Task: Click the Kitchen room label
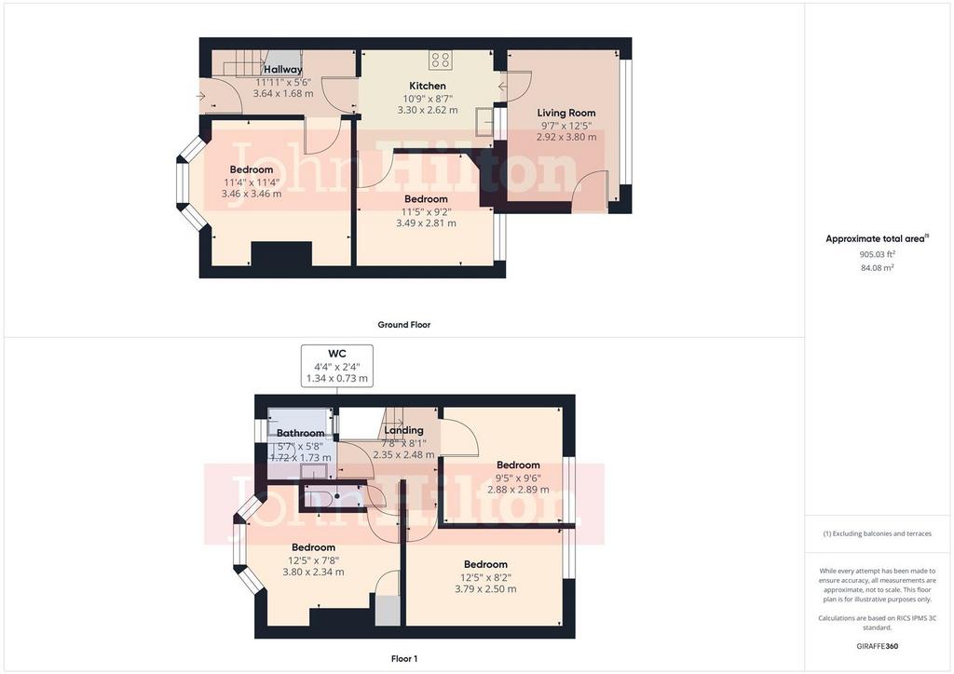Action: click(427, 87)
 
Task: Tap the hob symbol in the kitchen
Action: click(440, 60)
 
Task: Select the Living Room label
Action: click(566, 113)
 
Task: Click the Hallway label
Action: click(282, 70)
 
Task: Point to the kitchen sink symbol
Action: click(484, 120)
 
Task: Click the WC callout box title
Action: click(337, 354)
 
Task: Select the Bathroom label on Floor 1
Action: click(301, 433)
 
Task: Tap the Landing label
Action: click(403, 430)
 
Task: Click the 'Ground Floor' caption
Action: click(404, 325)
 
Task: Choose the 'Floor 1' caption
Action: click(404, 659)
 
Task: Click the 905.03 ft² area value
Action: click(877, 255)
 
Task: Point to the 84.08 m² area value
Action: click(877, 267)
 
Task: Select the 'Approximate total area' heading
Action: click(877, 239)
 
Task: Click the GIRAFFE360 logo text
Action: click(877, 646)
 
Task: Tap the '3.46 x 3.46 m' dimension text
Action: click(252, 194)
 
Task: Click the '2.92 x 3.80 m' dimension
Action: click(566, 138)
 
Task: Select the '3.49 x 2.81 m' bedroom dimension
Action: click(426, 223)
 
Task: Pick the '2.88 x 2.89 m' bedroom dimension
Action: click(518, 490)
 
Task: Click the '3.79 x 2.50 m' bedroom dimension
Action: click(485, 589)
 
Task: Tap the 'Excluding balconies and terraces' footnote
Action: click(877, 533)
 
